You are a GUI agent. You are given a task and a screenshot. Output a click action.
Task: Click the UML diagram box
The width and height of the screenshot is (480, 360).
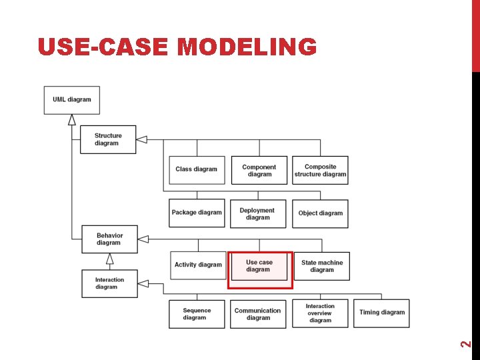pyautogui.click(x=72, y=100)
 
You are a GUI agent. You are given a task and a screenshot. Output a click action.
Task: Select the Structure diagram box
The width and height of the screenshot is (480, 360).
pyautogui.click(x=108, y=139)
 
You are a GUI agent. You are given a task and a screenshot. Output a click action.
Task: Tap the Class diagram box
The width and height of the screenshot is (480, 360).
pyautogui.click(x=197, y=169)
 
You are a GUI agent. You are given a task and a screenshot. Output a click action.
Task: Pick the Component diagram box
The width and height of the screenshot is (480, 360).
pyautogui.click(x=259, y=171)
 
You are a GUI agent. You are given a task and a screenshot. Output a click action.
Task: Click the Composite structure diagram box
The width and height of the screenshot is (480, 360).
pyautogui.click(x=321, y=171)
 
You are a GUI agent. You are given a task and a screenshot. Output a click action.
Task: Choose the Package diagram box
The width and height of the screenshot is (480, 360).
pyautogui.click(x=197, y=213)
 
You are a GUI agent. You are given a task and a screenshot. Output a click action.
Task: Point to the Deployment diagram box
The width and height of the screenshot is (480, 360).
pyautogui.click(x=258, y=214)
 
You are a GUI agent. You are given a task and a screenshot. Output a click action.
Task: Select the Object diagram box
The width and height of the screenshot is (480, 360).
pyautogui.click(x=321, y=213)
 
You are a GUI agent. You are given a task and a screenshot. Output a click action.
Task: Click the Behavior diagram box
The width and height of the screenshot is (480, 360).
pyautogui.click(x=109, y=239)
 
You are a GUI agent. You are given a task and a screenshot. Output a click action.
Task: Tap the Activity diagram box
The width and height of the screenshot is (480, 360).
pyautogui.click(x=198, y=265)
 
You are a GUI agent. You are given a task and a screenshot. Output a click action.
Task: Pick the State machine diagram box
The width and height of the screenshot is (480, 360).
pyautogui.click(x=322, y=266)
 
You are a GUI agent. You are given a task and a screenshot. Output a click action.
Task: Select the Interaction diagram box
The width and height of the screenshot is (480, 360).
pyautogui.click(x=109, y=283)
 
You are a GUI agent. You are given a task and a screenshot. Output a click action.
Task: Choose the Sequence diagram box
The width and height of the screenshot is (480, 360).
pyautogui.click(x=197, y=314)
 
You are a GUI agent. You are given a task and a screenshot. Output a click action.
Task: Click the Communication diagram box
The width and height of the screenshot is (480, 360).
pyautogui.click(x=258, y=314)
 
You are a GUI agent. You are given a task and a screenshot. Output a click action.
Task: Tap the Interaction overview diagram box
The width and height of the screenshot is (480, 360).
pyautogui.click(x=321, y=313)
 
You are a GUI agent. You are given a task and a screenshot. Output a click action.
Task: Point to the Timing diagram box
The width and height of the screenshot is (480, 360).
pyautogui.click(x=382, y=313)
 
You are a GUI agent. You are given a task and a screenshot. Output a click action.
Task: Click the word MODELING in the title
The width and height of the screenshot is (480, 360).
pyautogui.click(x=248, y=47)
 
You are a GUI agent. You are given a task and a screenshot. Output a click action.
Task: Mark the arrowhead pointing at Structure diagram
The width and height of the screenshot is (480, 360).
pyautogui.click(x=141, y=139)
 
